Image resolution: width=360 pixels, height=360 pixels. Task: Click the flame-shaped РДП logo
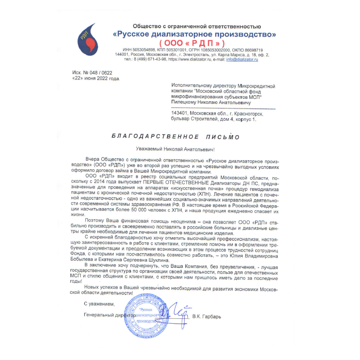pos(89,37)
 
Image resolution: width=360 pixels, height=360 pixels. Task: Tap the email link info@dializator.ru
pos(242,59)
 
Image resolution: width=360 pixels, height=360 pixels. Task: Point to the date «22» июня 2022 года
pos(96,79)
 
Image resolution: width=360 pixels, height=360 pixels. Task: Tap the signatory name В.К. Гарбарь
pos(207,317)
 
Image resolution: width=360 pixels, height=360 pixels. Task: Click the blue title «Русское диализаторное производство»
pos(194,34)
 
